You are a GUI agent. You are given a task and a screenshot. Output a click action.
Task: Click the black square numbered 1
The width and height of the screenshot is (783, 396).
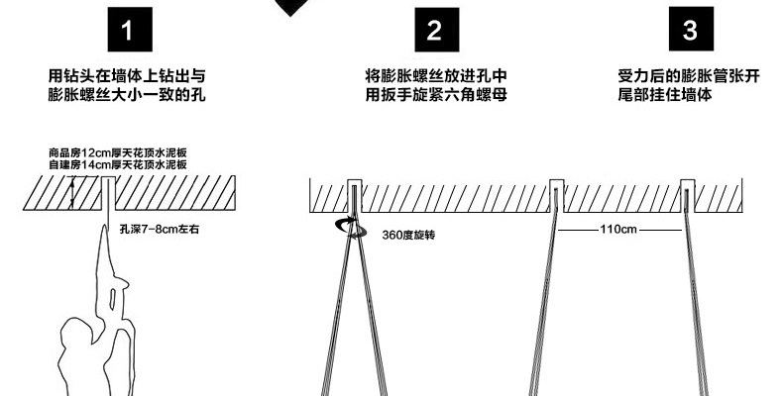click(130, 30)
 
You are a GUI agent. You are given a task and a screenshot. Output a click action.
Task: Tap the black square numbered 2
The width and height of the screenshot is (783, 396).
click(436, 30)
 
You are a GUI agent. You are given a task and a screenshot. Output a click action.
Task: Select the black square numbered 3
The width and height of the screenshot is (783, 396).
click(691, 29)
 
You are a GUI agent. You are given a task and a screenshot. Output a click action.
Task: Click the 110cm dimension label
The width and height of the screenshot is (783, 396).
click(618, 230)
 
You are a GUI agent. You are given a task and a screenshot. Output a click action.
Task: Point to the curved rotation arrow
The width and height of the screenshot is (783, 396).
click(351, 228)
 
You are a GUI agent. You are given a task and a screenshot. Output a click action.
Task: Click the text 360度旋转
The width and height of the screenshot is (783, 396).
click(408, 235)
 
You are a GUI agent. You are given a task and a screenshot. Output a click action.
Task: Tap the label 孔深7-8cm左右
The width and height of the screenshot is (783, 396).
click(160, 230)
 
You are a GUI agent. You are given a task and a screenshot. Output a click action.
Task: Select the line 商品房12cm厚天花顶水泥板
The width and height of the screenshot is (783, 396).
click(118, 152)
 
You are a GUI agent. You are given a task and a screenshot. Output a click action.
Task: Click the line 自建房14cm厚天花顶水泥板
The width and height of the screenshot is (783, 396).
click(118, 164)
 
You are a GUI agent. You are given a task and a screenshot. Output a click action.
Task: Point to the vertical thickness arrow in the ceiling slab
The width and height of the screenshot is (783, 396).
click(72, 192)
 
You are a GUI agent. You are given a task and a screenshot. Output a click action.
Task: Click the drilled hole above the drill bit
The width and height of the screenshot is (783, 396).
click(108, 193)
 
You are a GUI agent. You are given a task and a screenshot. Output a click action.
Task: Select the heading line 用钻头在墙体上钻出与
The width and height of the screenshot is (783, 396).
click(127, 76)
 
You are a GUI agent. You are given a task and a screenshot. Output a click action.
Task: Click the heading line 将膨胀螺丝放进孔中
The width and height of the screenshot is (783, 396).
click(436, 76)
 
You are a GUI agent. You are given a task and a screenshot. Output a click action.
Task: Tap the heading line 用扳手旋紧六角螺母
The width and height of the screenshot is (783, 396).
click(436, 94)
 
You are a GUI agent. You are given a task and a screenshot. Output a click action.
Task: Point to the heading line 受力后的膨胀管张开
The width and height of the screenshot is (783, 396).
click(689, 76)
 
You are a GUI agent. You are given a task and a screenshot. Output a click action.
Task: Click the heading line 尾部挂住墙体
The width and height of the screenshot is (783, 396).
click(665, 94)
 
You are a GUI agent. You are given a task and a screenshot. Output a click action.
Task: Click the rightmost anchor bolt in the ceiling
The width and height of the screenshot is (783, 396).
click(688, 196)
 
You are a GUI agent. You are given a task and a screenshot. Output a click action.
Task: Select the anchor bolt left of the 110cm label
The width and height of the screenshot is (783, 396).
click(557, 196)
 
